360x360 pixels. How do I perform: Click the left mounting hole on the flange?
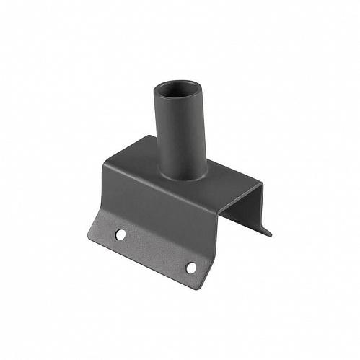[120, 234]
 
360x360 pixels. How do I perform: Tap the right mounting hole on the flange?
[191, 268]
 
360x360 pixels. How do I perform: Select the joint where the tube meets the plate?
[182, 177]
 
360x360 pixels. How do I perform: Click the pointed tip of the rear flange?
[271, 234]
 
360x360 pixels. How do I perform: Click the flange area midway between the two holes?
[155, 250]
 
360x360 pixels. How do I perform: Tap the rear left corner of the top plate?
[149, 136]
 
